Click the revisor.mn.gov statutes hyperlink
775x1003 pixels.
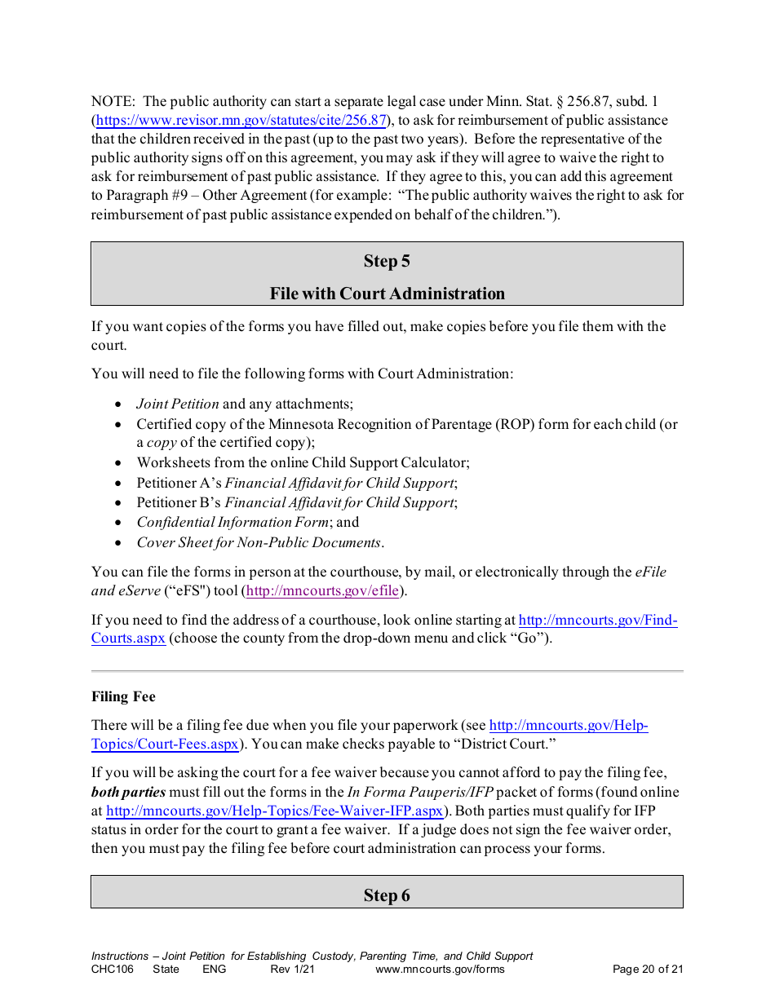point(241,121)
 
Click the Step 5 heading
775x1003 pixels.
point(387,261)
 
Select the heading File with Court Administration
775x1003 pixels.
point(387,294)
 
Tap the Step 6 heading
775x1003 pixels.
point(387,895)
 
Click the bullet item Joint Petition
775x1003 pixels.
point(178,404)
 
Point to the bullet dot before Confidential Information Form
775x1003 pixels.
point(118,523)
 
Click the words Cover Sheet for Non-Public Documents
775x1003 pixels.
point(259,542)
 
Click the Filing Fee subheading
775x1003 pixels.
point(123,696)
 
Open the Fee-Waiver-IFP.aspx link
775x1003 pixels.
point(275,811)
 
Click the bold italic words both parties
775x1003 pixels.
point(128,792)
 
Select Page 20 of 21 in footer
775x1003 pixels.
point(647,970)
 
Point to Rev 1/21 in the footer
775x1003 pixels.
point(292,970)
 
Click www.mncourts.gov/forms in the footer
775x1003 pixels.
point(440,970)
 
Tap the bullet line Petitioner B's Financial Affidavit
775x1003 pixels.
point(296,502)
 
